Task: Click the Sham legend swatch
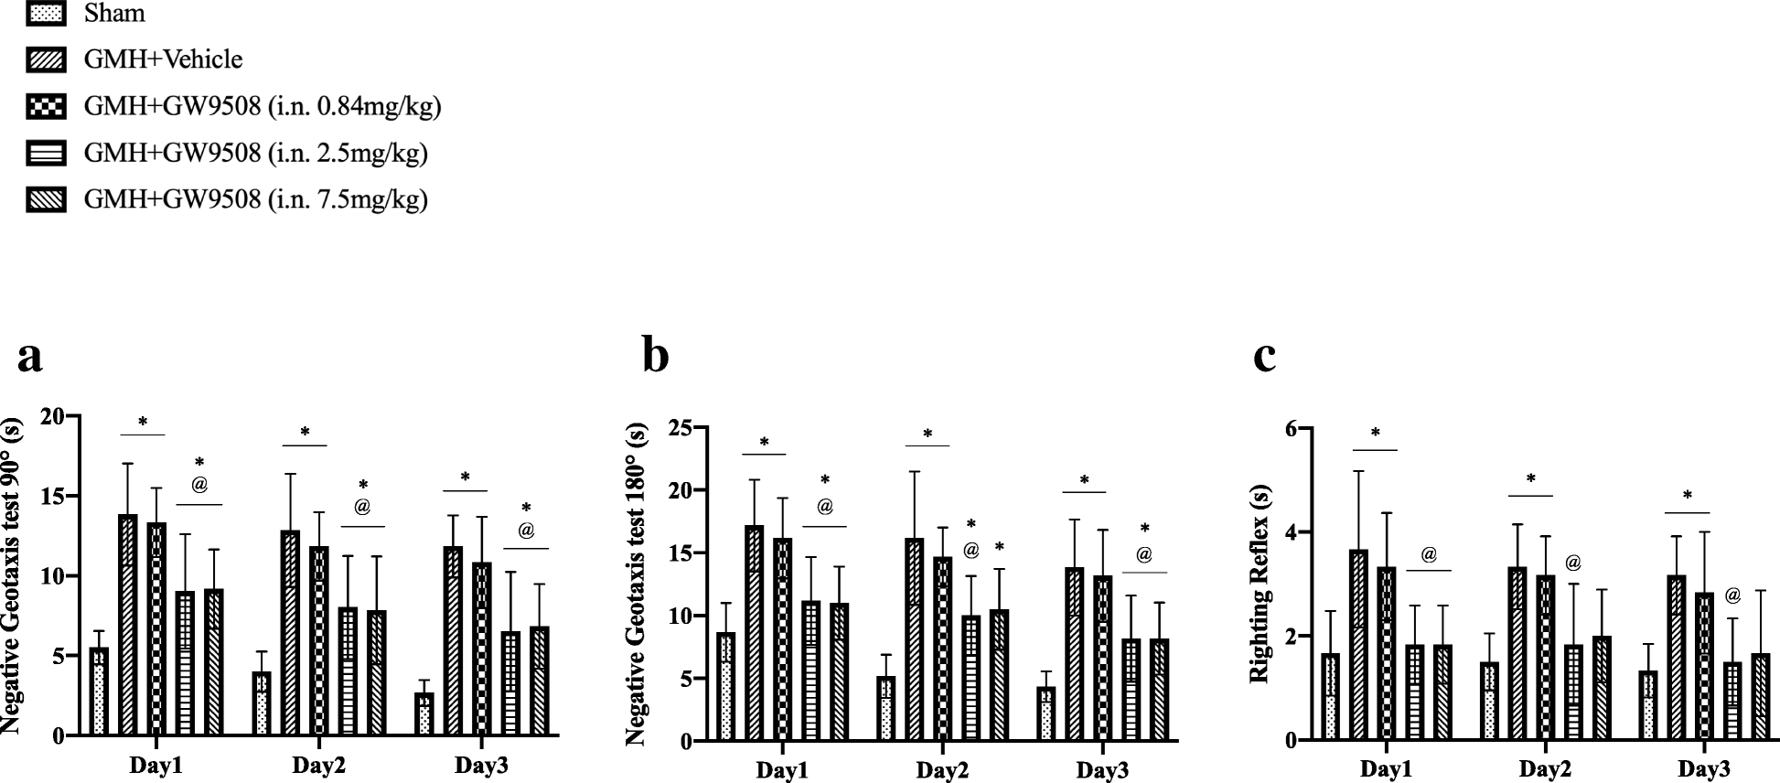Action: tap(46, 14)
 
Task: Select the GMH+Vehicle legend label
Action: tap(163, 60)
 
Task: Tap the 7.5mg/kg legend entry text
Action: tap(255, 199)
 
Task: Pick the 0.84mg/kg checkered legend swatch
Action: tap(46, 107)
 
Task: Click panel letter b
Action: tap(655, 356)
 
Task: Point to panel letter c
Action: tap(1264, 356)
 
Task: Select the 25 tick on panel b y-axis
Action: tap(678, 427)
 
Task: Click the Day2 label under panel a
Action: tap(318, 765)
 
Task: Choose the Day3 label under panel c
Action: tap(1703, 768)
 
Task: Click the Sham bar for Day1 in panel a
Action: tap(99, 692)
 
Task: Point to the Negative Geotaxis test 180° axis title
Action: tap(637, 585)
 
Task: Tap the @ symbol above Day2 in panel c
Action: tap(1572, 563)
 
